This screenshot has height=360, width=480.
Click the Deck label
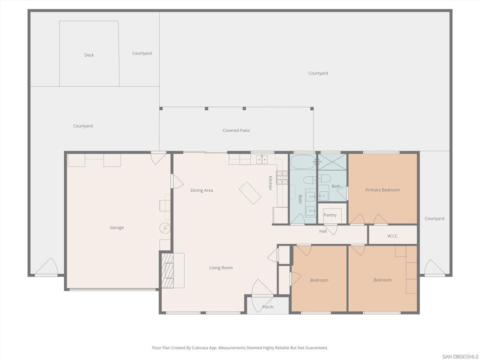[89, 55]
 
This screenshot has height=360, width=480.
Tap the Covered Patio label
[236, 130]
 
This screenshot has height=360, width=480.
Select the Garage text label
[117, 227]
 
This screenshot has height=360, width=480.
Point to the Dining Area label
[202, 190]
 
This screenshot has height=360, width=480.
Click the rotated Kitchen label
[270, 183]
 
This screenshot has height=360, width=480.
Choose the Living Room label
[221, 268]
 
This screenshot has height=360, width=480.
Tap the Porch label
[268, 307]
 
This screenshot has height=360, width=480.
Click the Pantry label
[330, 215]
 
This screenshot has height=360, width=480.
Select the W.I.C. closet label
[393, 236]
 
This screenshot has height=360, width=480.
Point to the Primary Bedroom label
[382, 190]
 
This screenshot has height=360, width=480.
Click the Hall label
[323, 231]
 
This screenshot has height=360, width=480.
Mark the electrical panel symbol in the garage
[165, 228]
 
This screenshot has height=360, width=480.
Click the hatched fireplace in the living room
[167, 270]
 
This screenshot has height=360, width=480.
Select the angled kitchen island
[250, 193]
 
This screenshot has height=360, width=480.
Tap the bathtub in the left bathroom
[303, 162]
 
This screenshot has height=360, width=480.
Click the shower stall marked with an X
[332, 162]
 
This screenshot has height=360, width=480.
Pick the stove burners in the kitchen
[282, 177]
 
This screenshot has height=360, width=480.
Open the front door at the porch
[260, 289]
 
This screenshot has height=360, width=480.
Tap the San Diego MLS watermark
[460, 356]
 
